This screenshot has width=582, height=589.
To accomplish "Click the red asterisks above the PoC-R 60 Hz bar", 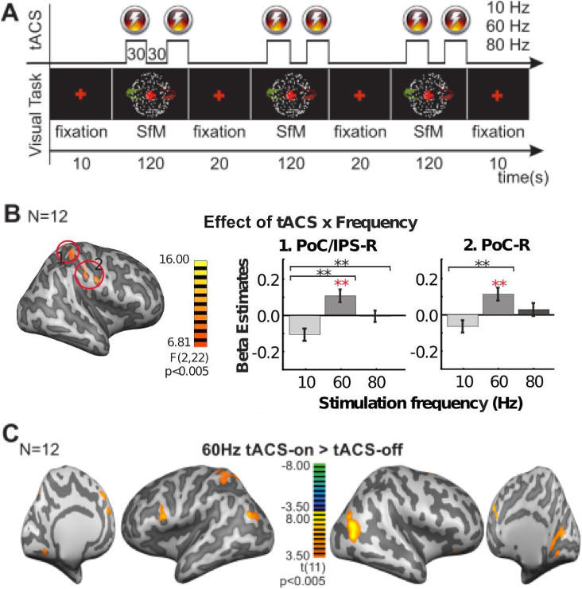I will pos(499,284).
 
